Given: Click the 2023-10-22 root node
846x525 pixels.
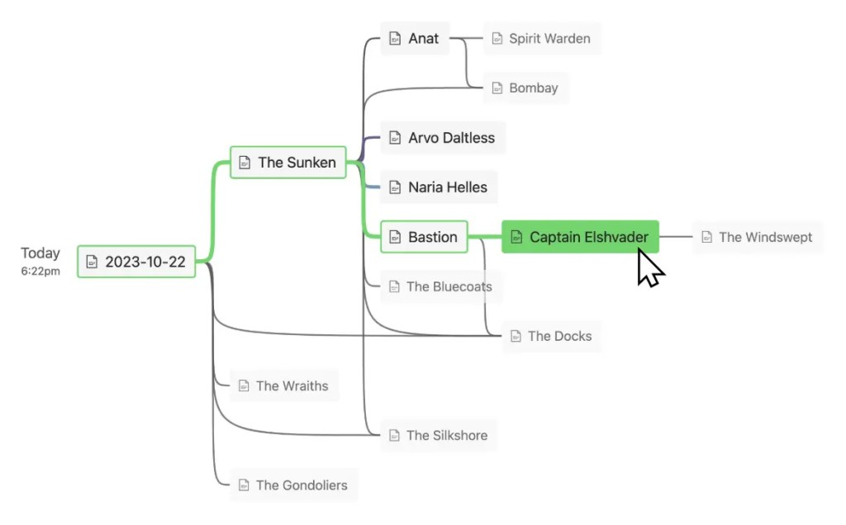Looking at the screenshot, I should pyautogui.click(x=136, y=262).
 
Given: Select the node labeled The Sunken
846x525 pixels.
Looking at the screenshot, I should pyautogui.click(x=288, y=163).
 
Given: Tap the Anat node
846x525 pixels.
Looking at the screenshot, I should pyautogui.click(x=415, y=38).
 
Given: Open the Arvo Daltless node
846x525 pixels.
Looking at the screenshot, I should pyautogui.click(x=443, y=138).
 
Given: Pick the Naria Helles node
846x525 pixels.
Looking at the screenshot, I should pyautogui.click(x=439, y=187).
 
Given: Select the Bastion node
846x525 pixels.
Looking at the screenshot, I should pyautogui.click(x=424, y=237).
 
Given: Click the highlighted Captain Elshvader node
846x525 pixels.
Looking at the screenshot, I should pyautogui.click(x=580, y=237).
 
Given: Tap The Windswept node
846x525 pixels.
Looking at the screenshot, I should pyautogui.click(x=757, y=237).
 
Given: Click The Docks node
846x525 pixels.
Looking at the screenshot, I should pyautogui.click(x=551, y=336).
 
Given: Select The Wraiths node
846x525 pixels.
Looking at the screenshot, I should pyautogui.click(x=283, y=385).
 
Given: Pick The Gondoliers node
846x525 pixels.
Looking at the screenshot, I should pyautogui.click(x=293, y=485).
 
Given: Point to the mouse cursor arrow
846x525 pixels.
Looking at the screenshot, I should pyautogui.click(x=649, y=268).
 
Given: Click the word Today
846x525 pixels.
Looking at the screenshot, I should pyautogui.click(x=40, y=253).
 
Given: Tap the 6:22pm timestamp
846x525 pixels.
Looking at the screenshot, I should pyautogui.click(x=40, y=271).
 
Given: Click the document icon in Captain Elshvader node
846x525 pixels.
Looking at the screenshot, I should pyautogui.click(x=516, y=238).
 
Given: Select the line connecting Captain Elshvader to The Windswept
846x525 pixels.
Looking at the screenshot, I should pyautogui.click(x=676, y=237).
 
